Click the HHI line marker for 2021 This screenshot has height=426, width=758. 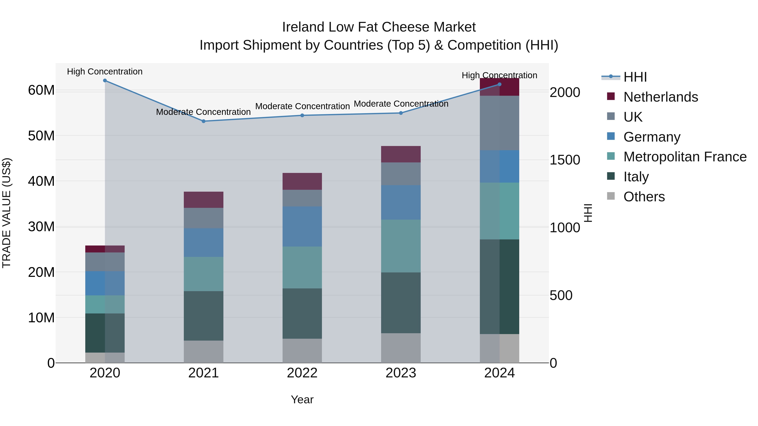pyautogui.click(x=203, y=121)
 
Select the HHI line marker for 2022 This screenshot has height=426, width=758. pyautogui.click(x=302, y=115)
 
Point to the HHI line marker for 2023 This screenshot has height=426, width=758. pyautogui.click(x=401, y=113)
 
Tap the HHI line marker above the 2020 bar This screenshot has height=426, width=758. pyautogui.click(x=105, y=81)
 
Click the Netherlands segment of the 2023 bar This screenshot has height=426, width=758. pyautogui.click(x=401, y=154)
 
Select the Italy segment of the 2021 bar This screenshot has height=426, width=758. pyautogui.click(x=203, y=316)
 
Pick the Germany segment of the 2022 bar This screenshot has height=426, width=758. pyautogui.click(x=302, y=226)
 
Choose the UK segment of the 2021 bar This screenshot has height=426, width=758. pyautogui.click(x=203, y=218)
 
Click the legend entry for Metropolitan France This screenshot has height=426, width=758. pyautogui.click(x=685, y=157)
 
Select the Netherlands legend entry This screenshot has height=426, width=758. pyautogui.click(x=660, y=97)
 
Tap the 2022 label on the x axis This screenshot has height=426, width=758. pyautogui.click(x=302, y=373)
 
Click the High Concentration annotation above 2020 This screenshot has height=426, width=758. pyautogui.click(x=105, y=72)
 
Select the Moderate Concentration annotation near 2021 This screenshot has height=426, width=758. pyautogui.click(x=203, y=112)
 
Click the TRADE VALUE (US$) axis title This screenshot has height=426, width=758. pyautogui.click(x=7, y=213)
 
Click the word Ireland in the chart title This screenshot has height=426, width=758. pyautogui.click(x=303, y=27)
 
